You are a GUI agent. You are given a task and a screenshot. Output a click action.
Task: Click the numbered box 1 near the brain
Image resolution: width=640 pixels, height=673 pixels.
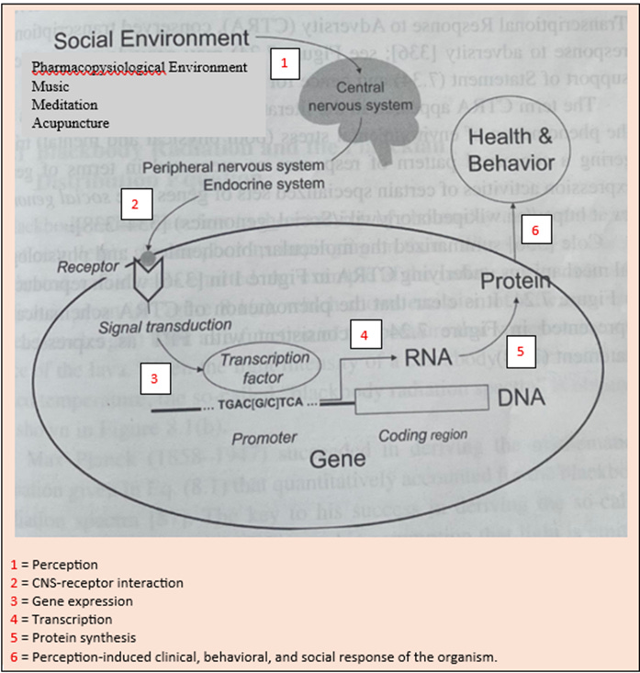point(285,64)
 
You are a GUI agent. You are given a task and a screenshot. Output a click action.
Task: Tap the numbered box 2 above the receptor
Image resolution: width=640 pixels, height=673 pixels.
point(135,205)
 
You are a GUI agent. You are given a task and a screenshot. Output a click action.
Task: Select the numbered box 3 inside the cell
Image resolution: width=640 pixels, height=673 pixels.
point(153,376)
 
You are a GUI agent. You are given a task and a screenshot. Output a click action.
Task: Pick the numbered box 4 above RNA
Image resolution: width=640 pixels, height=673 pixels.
point(365,335)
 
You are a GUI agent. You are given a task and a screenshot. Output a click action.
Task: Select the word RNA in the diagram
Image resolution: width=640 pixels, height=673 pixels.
point(429,357)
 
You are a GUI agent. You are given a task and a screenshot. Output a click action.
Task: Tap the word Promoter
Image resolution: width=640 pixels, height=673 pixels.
point(264,439)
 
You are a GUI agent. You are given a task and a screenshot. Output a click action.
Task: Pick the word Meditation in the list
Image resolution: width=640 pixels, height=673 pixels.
point(64,104)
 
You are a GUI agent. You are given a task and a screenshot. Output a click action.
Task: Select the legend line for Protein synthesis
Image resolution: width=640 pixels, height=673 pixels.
point(76,637)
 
